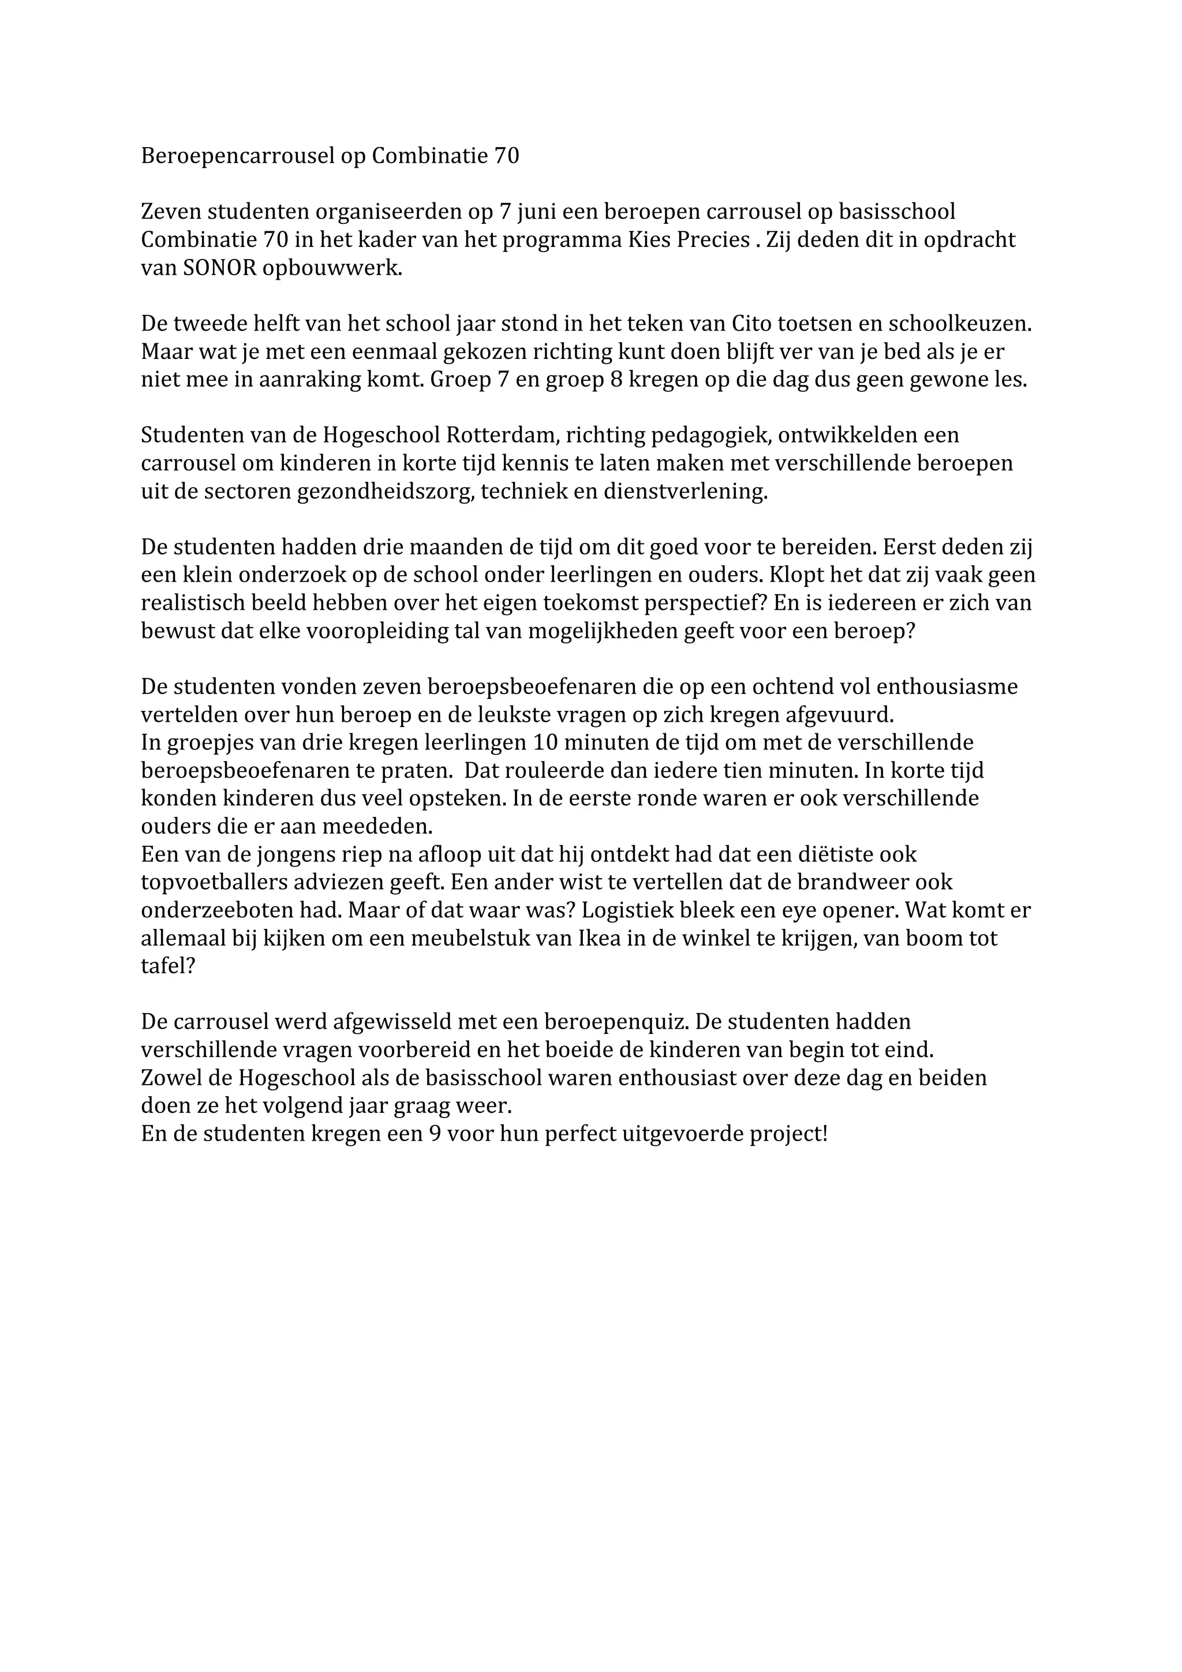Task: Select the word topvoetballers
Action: (220, 883)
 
